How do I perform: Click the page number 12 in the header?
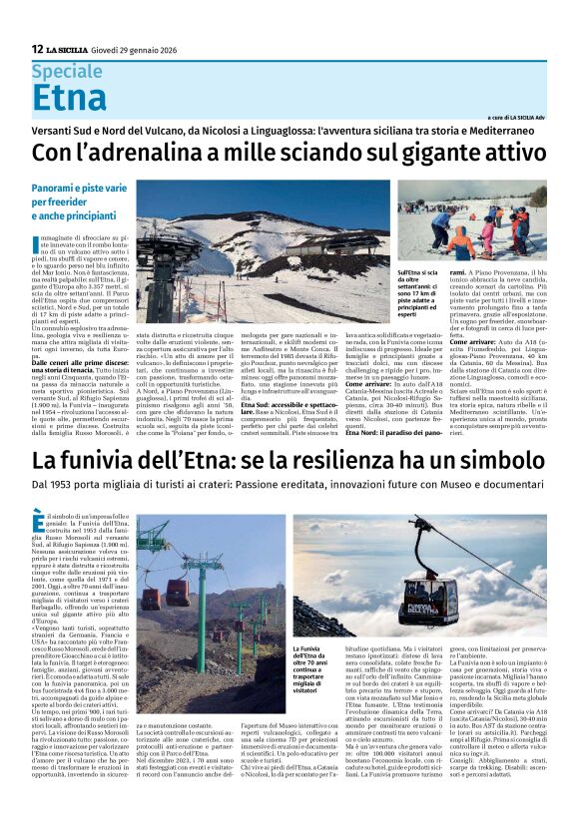point(37,48)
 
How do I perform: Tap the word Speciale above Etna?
point(67,71)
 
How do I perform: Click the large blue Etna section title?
point(69,98)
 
